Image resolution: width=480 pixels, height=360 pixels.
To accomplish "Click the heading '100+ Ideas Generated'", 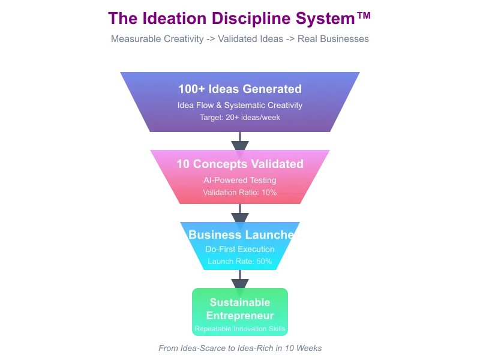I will point(240,89).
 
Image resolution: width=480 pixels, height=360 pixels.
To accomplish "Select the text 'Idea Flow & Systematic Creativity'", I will point(240,106).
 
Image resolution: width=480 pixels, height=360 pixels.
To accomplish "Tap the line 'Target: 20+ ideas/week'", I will point(240,118).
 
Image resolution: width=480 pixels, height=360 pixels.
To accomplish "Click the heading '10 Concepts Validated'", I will point(240,164).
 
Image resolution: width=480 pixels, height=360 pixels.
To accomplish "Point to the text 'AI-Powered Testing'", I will point(240,180).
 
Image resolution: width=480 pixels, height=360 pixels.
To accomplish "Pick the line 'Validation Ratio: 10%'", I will point(240,192).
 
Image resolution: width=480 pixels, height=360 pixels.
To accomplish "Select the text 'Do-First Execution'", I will point(240,249).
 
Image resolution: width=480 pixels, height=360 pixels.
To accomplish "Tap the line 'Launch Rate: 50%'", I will point(240,261).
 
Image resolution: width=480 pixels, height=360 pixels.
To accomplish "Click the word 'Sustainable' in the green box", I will point(240,302).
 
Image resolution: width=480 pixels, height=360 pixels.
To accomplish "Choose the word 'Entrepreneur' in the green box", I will point(240,316).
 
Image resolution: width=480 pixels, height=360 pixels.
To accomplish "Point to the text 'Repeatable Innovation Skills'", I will point(240,329).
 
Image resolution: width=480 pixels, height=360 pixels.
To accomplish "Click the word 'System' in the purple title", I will point(328,18).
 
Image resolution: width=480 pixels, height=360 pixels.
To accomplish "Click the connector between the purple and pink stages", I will point(240,142).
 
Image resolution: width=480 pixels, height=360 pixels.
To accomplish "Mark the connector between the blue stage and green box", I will point(240,280).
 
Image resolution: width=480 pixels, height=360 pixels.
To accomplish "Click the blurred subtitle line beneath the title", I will point(240,38).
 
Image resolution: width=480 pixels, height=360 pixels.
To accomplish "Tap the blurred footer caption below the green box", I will point(240,347).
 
